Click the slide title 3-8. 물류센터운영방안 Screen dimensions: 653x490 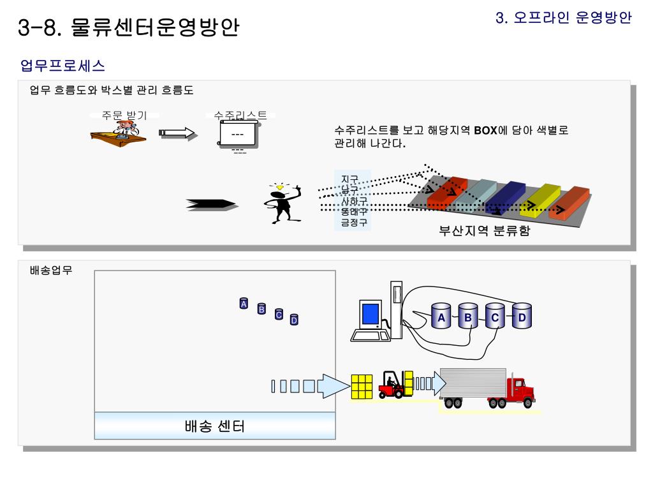click(129, 28)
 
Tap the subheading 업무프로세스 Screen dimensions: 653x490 click(62, 65)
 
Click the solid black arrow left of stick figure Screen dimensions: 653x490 click(211, 204)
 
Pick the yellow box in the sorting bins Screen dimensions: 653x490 click(539, 199)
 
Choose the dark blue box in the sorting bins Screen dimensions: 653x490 click(505, 197)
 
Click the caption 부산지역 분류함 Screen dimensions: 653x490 click(485, 232)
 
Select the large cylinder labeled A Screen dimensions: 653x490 click(441, 317)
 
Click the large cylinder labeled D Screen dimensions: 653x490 click(522, 317)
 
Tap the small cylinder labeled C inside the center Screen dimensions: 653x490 click(278, 313)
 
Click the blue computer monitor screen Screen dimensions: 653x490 click(370, 314)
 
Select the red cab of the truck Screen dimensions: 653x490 click(520, 390)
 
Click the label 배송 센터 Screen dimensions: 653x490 click(214, 426)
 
